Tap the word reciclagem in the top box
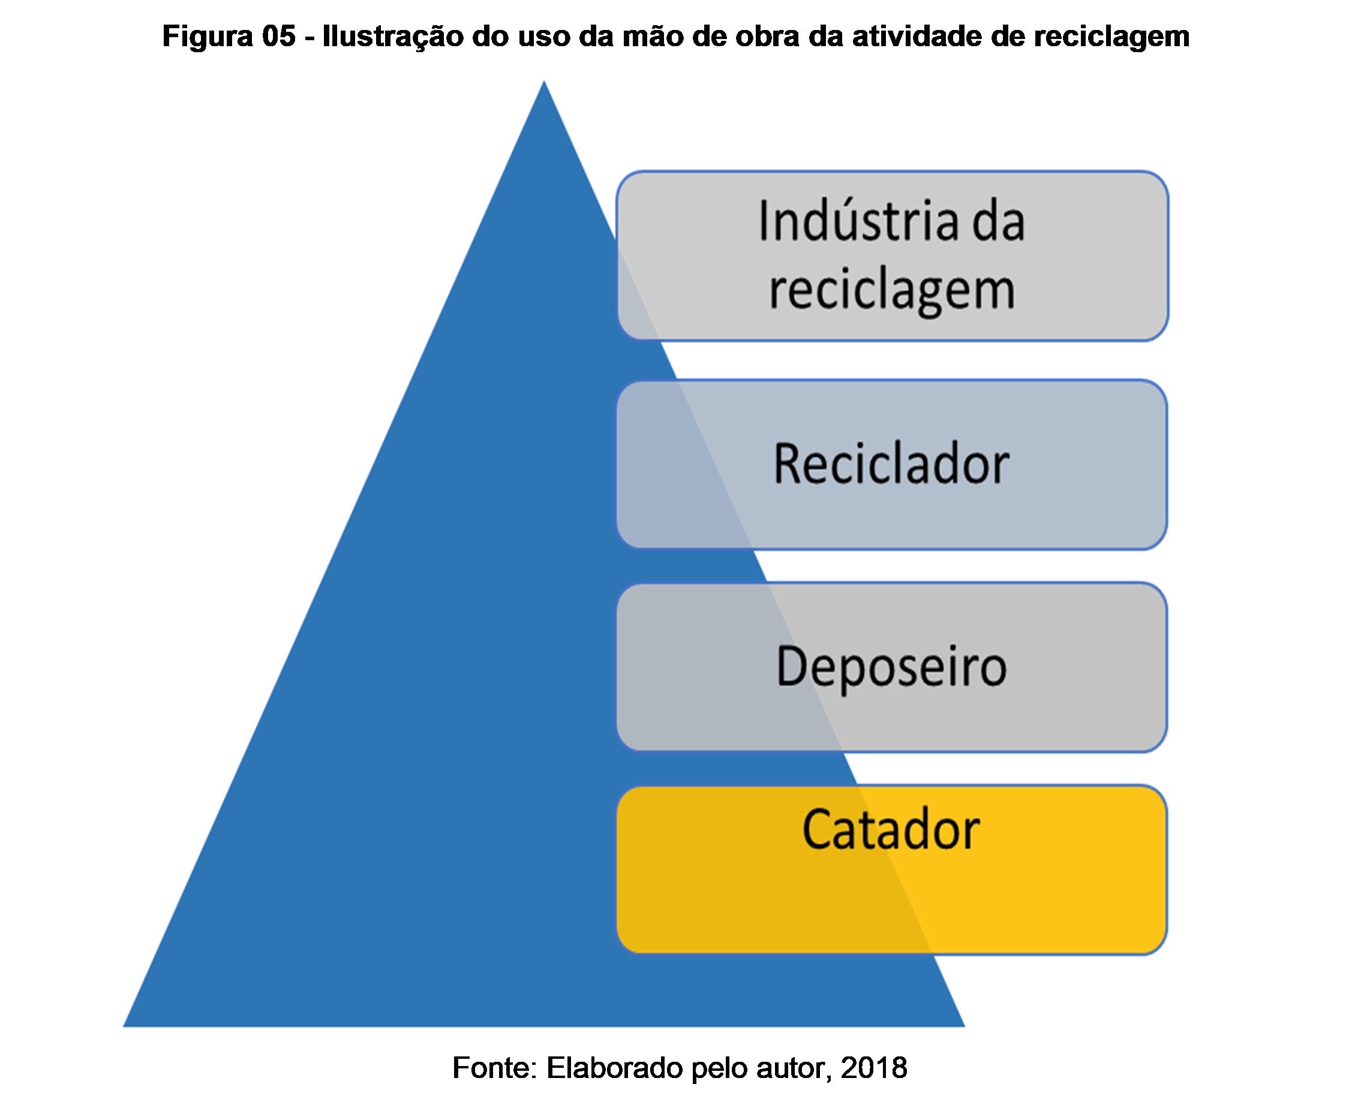click(x=892, y=291)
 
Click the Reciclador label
click(x=891, y=464)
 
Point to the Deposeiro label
click(x=891, y=666)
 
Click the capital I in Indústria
click(x=764, y=221)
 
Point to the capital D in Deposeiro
click(x=790, y=666)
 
